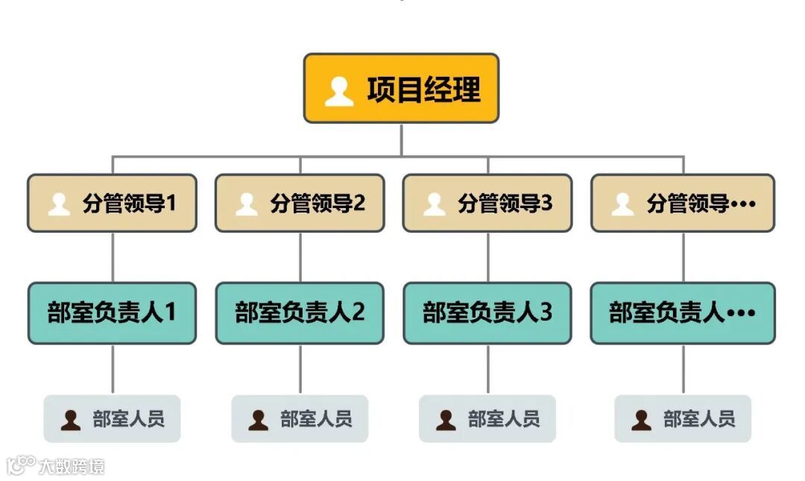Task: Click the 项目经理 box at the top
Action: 401,88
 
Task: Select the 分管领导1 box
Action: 113,203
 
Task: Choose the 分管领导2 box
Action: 300,203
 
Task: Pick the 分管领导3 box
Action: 487,203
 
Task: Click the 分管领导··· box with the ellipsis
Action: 683,203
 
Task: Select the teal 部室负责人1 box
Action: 113,312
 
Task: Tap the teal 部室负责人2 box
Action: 300,312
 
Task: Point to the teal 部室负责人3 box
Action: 487,312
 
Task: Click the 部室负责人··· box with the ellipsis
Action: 683,312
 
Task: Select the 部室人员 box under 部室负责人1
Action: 113,419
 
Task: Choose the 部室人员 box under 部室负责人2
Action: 300,419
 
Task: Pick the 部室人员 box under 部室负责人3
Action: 487,419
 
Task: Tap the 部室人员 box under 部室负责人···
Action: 683,419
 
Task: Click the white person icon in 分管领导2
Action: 247,204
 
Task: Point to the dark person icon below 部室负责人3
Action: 446,420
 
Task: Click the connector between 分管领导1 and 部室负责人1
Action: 113,257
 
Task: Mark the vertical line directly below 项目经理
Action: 401,139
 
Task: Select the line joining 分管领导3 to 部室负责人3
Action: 488,257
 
